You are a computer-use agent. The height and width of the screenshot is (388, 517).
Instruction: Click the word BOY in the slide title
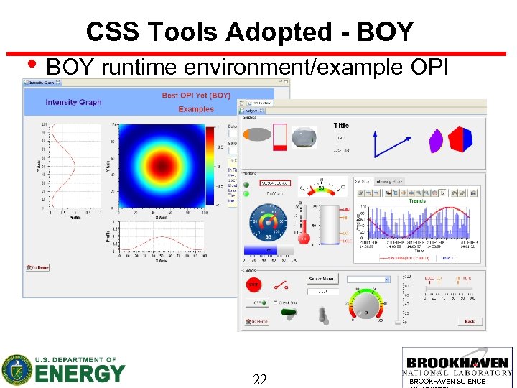tap(390, 32)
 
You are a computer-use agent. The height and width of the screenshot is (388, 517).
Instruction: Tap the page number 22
tap(260, 379)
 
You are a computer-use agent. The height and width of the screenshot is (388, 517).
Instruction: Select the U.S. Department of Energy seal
tap(17, 370)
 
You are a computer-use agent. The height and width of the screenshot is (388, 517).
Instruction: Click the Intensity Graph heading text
tap(73, 102)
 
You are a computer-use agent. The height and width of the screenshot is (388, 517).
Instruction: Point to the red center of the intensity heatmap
tap(162, 166)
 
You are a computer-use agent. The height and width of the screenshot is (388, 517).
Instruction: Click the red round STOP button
tap(253, 285)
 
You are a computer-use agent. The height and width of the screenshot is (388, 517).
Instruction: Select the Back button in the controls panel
tap(469, 321)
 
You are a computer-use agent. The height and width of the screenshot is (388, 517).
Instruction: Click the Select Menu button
tap(323, 279)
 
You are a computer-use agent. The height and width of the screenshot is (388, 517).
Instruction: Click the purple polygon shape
tap(435, 140)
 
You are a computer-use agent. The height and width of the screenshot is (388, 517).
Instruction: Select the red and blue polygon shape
tap(460, 138)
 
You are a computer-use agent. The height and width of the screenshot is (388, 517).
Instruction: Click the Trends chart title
tap(417, 200)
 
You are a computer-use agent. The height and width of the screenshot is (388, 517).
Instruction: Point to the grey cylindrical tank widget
tap(331, 224)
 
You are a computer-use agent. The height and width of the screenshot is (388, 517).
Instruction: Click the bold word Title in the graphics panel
tap(341, 126)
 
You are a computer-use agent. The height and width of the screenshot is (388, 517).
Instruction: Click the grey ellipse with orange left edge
tap(258, 134)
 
